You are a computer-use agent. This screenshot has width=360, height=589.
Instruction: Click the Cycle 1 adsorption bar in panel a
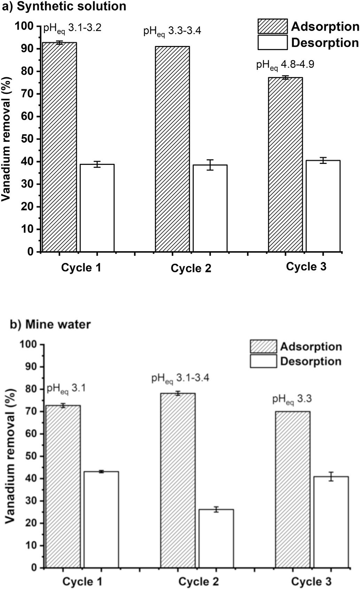pos(60,147)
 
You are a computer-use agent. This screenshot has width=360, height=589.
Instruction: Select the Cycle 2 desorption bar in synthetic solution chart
pos(210,208)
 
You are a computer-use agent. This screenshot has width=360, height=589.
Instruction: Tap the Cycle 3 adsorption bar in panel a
pos(285,165)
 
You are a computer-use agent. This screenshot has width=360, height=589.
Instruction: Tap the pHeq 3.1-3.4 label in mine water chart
pos(180,379)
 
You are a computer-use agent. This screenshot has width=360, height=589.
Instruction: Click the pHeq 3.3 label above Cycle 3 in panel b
pos(292,400)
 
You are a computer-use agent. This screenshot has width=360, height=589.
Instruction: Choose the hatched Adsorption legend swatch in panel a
pos(272,26)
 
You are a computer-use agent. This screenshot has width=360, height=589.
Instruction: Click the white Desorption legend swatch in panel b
pos(264,361)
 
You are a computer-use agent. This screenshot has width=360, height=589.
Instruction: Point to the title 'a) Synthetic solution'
pos(64,6)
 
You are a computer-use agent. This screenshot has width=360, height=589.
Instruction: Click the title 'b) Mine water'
pos(50,325)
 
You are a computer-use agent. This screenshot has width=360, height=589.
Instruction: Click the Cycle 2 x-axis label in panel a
pos(191,269)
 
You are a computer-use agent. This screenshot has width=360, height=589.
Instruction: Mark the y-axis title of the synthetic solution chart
pos(6,139)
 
